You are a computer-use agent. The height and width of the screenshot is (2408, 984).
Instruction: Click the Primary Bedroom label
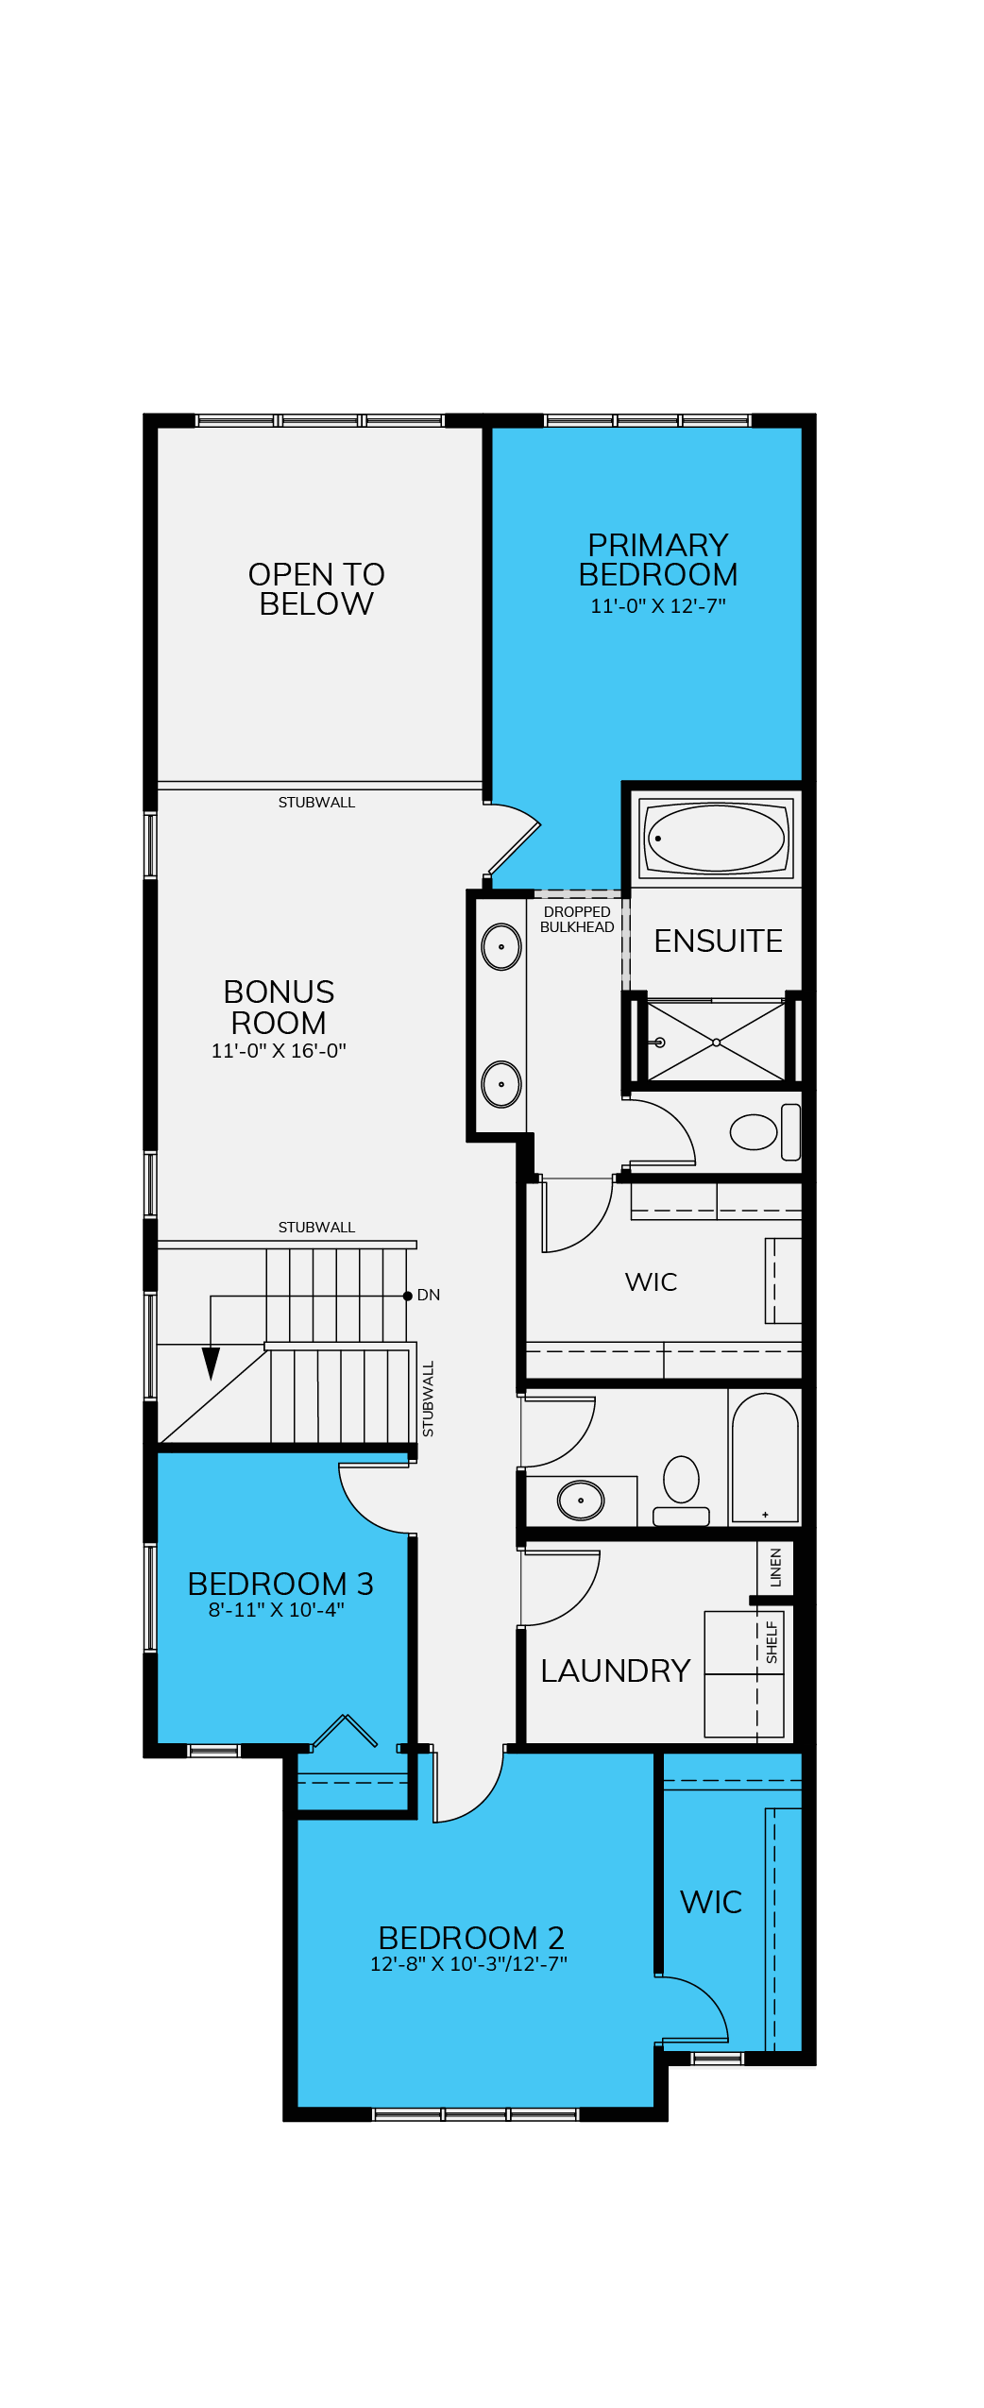(657, 560)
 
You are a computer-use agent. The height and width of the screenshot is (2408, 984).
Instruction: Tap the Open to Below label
(316, 589)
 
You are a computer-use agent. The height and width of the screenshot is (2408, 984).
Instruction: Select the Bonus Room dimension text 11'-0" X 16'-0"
(279, 1051)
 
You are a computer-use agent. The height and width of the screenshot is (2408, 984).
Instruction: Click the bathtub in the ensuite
(716, 838)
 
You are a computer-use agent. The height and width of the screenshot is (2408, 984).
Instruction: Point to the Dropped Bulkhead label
(577, 919)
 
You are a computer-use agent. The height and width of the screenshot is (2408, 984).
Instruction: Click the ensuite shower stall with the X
(716, 1042)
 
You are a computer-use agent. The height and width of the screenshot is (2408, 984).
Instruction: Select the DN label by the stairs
(428, 1295)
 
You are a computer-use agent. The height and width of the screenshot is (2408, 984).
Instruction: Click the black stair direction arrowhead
(211, 1363)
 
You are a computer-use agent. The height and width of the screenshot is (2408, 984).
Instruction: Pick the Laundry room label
(616, 1670)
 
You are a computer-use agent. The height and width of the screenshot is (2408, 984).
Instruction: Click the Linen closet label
(775, 1568)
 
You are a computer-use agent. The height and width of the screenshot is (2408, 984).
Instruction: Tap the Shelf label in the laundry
(772, 1642)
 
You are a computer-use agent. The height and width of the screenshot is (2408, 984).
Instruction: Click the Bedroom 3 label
(280, 1584)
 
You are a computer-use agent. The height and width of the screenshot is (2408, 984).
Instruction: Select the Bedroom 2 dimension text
(468, 1964)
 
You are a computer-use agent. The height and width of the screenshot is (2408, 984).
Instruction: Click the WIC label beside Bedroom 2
(711, 1902)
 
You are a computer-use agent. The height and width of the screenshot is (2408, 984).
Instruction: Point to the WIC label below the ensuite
(651, 1281)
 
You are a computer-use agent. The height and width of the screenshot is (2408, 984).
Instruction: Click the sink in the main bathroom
(580, 1501)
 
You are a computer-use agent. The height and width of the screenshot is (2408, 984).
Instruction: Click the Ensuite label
(718, 941)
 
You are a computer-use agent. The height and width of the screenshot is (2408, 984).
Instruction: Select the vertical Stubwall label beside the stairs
(428, 1399)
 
